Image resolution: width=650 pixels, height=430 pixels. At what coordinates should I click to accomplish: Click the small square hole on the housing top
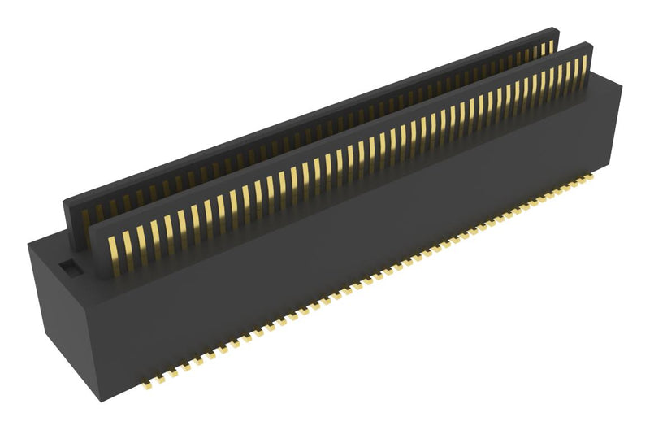[68, 266]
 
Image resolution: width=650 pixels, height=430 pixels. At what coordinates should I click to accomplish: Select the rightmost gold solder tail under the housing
[597, 174]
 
